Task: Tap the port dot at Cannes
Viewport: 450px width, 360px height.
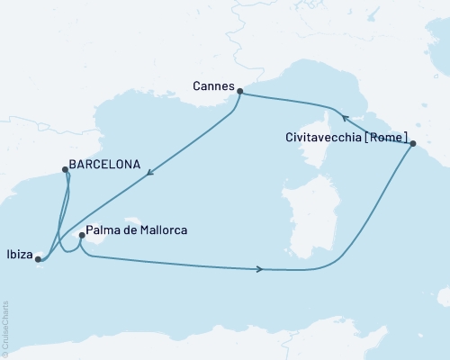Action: coord(239,90)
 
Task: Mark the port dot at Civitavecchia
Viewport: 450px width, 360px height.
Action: coord(413,144)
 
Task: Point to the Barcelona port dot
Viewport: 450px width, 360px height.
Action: coord(66,168)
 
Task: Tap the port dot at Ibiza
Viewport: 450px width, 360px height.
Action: coord(38,260)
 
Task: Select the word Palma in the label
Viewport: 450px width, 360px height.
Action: coord(106,231)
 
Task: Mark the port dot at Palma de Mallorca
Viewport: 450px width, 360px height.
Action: coord(82,237)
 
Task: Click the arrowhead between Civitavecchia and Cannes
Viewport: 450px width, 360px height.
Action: coord(344,117)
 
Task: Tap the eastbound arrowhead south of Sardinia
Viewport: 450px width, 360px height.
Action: coord(261,269)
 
